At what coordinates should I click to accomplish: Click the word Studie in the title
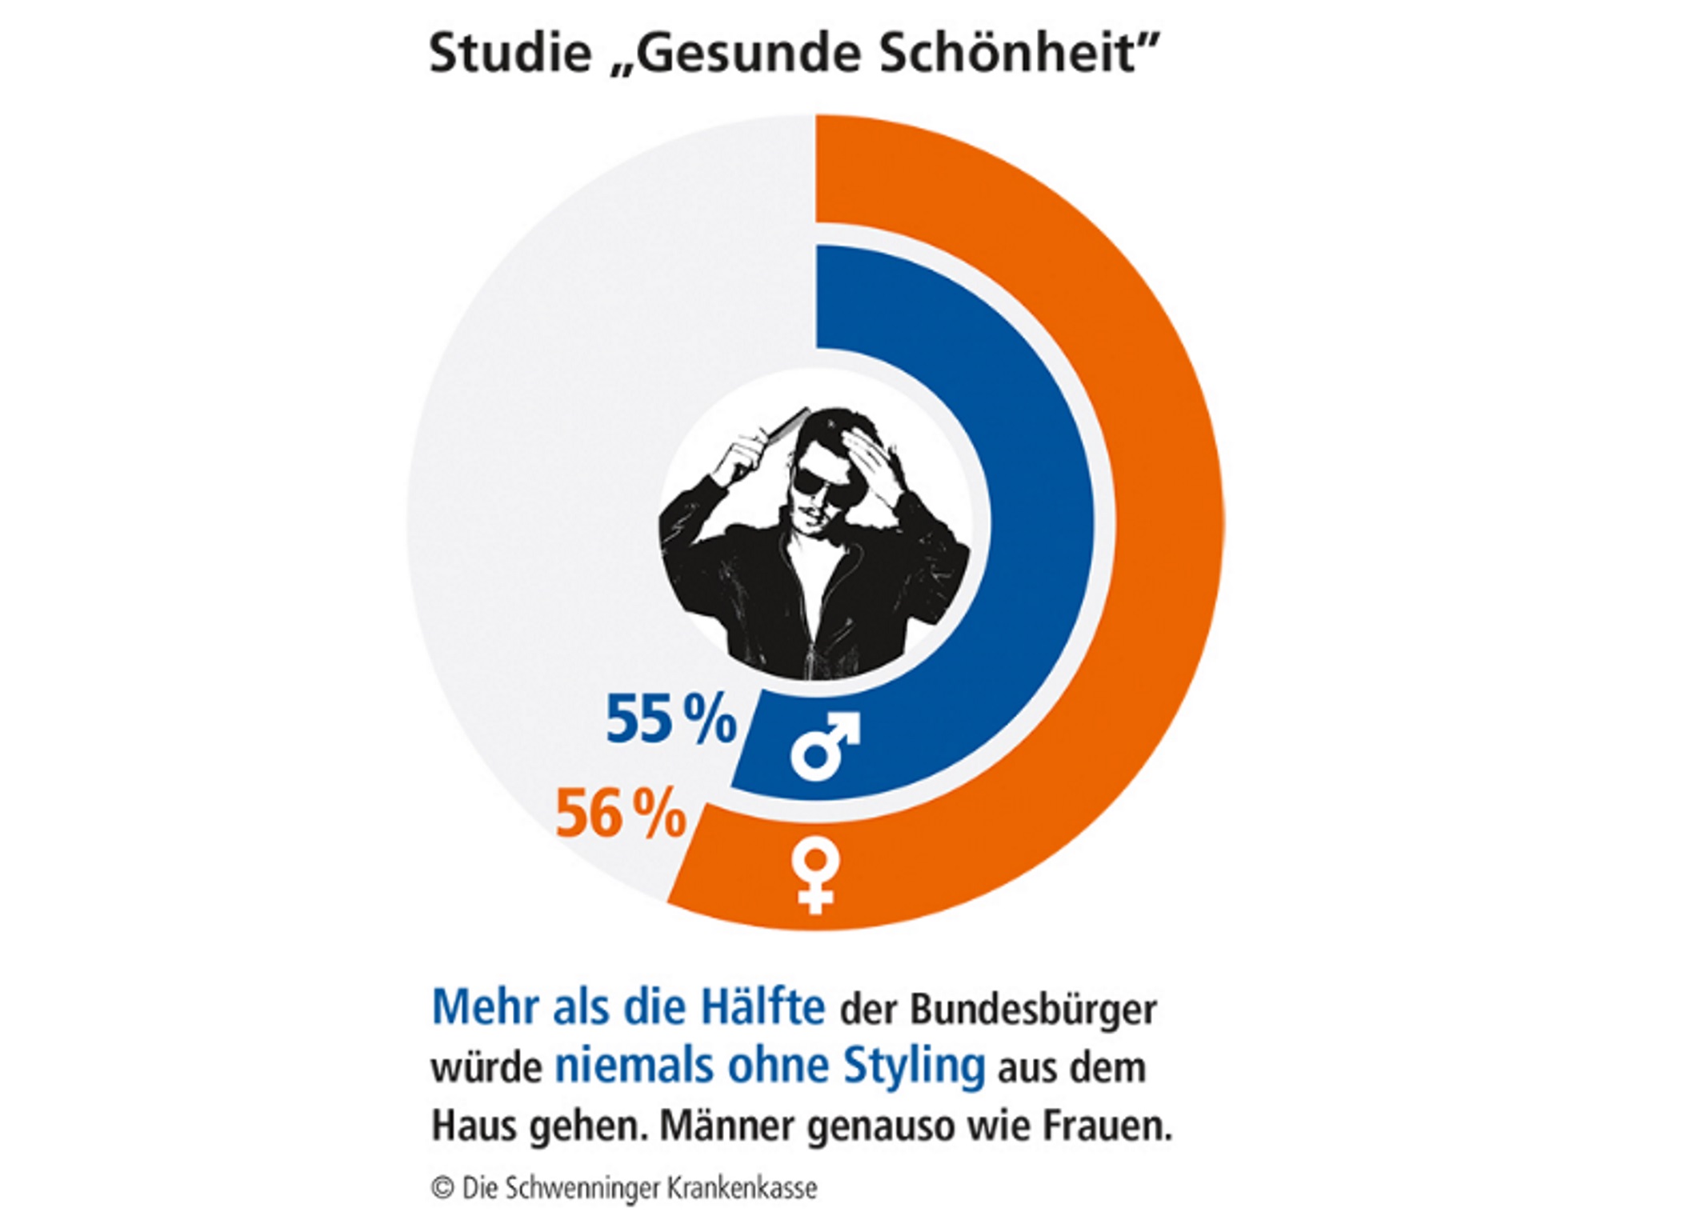(x=510, y=54)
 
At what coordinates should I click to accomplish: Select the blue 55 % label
(x=670, y=719)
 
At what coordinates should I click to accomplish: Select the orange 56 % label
(x=621, y=814)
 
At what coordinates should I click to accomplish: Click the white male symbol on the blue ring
(x=824, y=746)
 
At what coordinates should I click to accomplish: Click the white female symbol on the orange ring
(x=815, y=875)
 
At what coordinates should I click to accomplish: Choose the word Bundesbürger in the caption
(x=1033, y=1010)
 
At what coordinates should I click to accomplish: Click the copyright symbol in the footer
(x=442, y=1187)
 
